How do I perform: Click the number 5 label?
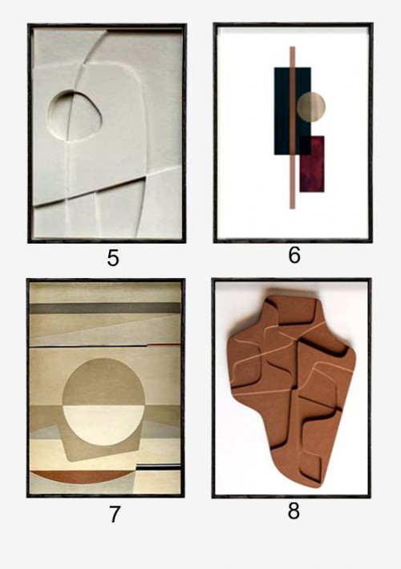(113, 258)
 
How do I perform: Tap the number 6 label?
(294, 255)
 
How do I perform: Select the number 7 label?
(115, 515)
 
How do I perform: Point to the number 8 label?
(294, 510)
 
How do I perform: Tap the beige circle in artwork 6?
(311, 107)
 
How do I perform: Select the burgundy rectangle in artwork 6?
(312, 164)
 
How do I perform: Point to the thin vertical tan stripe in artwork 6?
(293, 127)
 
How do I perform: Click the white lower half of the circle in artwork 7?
(103, 425)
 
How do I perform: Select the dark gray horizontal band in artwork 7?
(105, 309)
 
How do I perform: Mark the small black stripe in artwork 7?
(159, 468)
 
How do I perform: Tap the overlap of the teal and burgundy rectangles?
(305, 146)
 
